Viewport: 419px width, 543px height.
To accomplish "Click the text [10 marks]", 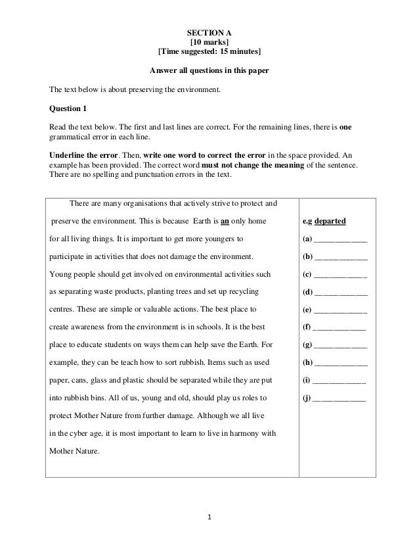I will pyautogui.click(x=209, y=42).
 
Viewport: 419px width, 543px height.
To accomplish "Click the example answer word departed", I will pyautogui.click(x=334, y=221).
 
